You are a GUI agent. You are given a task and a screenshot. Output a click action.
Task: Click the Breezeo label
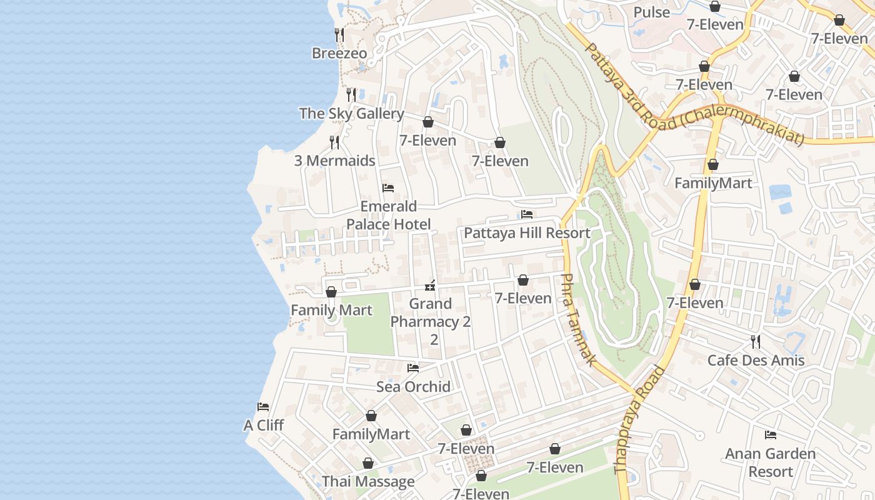[x=339, y=53]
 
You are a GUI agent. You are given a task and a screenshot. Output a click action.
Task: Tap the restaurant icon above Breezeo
[x=339, y=34]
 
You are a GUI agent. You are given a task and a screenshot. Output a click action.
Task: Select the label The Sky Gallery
[x=351, y=114]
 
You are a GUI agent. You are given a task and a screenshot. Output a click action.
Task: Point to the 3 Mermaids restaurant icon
[x=334, y=142]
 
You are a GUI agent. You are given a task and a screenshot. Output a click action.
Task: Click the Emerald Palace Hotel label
[x=389, y=215]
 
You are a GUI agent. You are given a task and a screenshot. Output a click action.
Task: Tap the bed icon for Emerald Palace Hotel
[x=388, y=188]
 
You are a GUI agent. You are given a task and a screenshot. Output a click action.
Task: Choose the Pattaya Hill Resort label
[x=527, y=233]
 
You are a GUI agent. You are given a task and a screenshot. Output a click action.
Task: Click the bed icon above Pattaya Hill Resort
[x=527, y=214]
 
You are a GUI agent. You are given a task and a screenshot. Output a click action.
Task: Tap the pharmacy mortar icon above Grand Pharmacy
[x=430, y=286]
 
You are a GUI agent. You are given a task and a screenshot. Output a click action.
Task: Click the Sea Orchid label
[x=413, y=387]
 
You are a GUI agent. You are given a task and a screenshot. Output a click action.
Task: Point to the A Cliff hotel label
[x=263, y=426]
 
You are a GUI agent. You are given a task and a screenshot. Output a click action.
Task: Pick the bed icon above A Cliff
[x=263, y=407]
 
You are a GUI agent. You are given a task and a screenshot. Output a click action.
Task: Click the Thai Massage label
[x=368, y=482]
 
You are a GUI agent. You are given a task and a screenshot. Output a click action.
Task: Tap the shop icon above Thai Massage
[x=368, y=463]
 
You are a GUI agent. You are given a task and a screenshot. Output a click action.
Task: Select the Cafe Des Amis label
[x=756, y=361]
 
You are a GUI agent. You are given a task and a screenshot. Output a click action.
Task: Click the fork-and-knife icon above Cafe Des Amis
[x=756, y=342]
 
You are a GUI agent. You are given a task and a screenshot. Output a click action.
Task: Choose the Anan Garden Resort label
[x=771, y=462]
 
